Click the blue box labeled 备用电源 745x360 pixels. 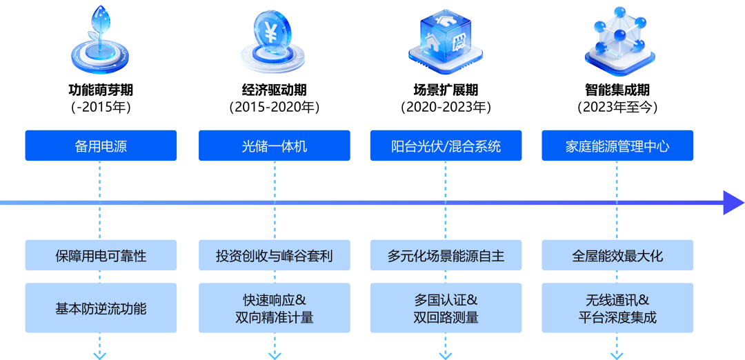[101, 146]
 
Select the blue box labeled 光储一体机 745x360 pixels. [274, 146]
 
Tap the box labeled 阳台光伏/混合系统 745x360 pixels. [446, 146]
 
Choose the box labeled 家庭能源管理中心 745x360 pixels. [617, 146]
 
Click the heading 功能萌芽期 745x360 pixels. [101, 90]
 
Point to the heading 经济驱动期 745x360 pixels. [274, 90]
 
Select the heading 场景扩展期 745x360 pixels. [446, 90]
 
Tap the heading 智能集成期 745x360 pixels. [617, 90]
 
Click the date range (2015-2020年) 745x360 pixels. [274, 108]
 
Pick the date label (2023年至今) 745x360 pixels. [617, 108]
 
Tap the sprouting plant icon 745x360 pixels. [101, 41]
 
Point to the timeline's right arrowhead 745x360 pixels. [733, 203]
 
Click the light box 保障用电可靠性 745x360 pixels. [101, 256]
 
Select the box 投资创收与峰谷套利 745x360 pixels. [274, 256]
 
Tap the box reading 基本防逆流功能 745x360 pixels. [101, 308]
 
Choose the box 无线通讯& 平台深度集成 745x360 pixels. [617, 308]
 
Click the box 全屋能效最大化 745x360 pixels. [617, 256]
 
